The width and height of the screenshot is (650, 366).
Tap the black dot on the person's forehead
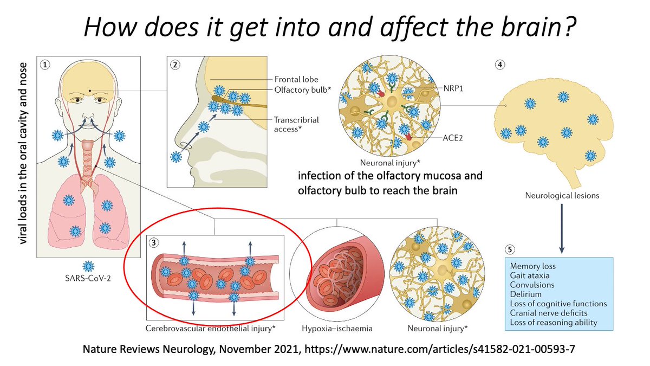(x=89, y=91)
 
